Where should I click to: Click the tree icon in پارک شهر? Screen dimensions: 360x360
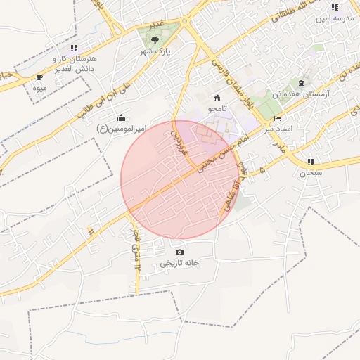pyautogui.click(x=155, y=40)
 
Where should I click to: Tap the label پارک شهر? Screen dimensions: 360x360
pyautogui.click(x=155, y=52)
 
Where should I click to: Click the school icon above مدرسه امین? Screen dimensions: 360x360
pyautogui.click(x=335, y=7)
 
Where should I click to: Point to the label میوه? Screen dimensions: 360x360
pyautogui.click(x=40, y=89)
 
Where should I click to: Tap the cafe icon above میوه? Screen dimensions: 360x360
pyautogui.click(x=39, y=77)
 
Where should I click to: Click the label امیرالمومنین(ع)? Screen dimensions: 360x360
pyautogui.click(x=122, y=129)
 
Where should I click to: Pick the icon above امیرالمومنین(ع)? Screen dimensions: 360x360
pyautogui.click(x=122, y=117)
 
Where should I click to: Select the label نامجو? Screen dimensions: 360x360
pyautogui.click(x=217, y=109)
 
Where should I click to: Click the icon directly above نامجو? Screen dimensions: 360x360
pyautogui.click(x=216, y=98)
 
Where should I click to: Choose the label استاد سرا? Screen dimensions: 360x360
pyautogui.click(x=276, y=130)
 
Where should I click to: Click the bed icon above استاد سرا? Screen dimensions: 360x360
pyautogui.click(x=276, y=119)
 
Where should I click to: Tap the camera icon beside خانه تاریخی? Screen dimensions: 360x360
pyautogui.click(x=179, y=252)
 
